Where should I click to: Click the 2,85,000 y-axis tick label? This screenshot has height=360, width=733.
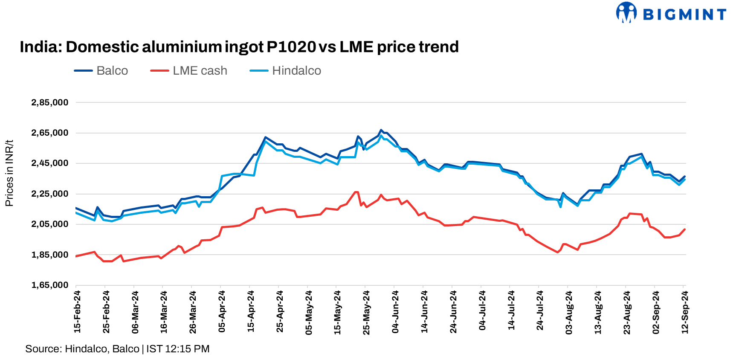click(50, 102)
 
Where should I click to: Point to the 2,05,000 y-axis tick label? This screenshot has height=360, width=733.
click(50, 224)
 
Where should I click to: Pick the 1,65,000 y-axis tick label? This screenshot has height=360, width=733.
click(50, 285)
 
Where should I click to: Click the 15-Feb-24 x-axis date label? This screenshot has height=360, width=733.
click(77, 312)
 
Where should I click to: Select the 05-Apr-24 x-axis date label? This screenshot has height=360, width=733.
click(222, 312)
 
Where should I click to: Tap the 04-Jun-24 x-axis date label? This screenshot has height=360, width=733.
click(395, 312)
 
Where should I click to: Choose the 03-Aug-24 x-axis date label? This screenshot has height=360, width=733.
click(569, 312)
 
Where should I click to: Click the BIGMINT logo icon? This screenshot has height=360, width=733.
click(626, 12)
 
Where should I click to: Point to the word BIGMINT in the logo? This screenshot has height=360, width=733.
click(684, 15)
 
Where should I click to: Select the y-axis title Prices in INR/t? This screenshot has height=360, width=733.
click(9, 173)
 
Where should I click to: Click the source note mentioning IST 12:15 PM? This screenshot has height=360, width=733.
click(117, 349)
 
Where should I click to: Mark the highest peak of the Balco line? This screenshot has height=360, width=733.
click(381, 130)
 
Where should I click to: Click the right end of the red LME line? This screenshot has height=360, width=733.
click(684, 229)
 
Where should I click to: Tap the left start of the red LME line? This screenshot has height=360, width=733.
click(76, 256)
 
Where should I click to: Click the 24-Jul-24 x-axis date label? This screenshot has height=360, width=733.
click(540, 312)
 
